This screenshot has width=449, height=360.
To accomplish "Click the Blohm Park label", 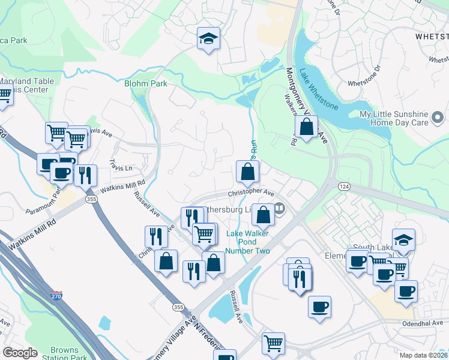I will tap(145, 83).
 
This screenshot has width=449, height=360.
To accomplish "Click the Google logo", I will tap(20, 353).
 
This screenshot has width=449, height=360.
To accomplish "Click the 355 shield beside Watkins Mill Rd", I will tap(91, 199).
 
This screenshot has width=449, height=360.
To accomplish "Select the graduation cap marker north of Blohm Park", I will tap(208, 39).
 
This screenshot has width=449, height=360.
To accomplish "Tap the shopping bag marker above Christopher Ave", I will tap(247, 172).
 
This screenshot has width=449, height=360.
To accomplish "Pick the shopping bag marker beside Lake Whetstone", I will tap(306, 127).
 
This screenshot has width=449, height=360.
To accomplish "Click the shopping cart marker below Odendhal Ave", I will tap(273, 344).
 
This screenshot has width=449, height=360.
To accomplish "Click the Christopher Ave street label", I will tap(250, 194).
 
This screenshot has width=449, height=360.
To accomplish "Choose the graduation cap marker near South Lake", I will tap(404, 240).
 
